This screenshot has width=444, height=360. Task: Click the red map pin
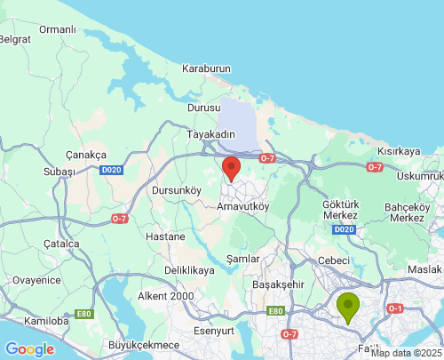coord(231,169)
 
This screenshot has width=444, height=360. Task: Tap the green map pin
coord(348,306)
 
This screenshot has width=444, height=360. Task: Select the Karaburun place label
coord(206,68)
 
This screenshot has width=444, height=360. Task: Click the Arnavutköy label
coord(244,205)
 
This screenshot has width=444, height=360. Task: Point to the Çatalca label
coord(61,243)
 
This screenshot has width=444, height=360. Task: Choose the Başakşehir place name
coord(279,284)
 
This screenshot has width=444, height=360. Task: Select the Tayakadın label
coord(211,134)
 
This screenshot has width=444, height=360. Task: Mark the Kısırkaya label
coord(399,151)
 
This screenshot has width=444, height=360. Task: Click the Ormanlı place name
coord(58,29)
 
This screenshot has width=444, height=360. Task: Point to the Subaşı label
coord(59,172)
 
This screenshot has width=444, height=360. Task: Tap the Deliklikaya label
coord(189,269)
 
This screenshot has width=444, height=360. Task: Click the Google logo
coord(29,349)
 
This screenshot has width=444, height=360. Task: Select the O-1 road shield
coord(396,308)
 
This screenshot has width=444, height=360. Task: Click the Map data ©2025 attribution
coord(406,353)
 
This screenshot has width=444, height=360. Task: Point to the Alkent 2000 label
coord(165,296)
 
